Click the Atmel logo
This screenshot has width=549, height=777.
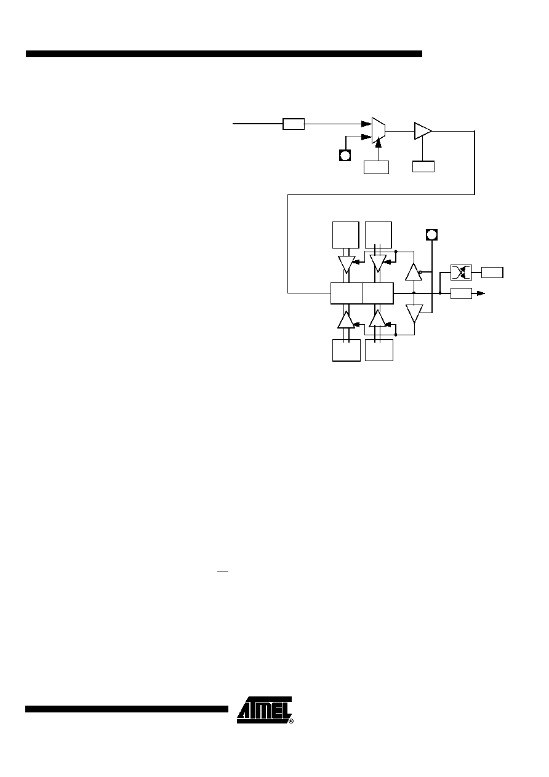[x=264, y=710]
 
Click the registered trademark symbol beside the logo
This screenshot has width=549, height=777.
[x=292, y=721]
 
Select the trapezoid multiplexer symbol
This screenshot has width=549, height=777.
[x=379, y=130]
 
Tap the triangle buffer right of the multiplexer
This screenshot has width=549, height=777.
[x=423, y=131]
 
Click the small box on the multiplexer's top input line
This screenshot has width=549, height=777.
[x=294, y=124]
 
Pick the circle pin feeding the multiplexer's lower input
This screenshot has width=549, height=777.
[x=345, y=156]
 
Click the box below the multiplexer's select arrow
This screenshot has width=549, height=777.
[x=376, y=167]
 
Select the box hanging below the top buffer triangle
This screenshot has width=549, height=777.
[x=423, y=167]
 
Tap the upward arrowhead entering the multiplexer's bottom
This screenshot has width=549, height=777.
[x=379, y=142]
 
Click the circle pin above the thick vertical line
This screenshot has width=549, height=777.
[x=431, y=235]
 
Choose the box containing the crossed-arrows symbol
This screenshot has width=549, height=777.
[x=461, y=273]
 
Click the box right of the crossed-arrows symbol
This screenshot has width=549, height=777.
[x=492, y=273]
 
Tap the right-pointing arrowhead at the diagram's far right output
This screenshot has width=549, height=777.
[x=481, y=293]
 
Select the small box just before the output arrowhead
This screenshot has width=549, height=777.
[x=461, y=293]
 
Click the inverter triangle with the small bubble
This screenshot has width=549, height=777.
[x=414, y=272]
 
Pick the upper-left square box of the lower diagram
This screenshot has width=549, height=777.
[x=346, y=235]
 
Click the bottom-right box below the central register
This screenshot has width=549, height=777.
[x=379, y=350]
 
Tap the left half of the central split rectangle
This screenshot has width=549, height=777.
[x=347, y=293]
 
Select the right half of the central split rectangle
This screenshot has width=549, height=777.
[x=378, y=293]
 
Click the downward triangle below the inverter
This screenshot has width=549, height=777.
[x=414, y=314]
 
